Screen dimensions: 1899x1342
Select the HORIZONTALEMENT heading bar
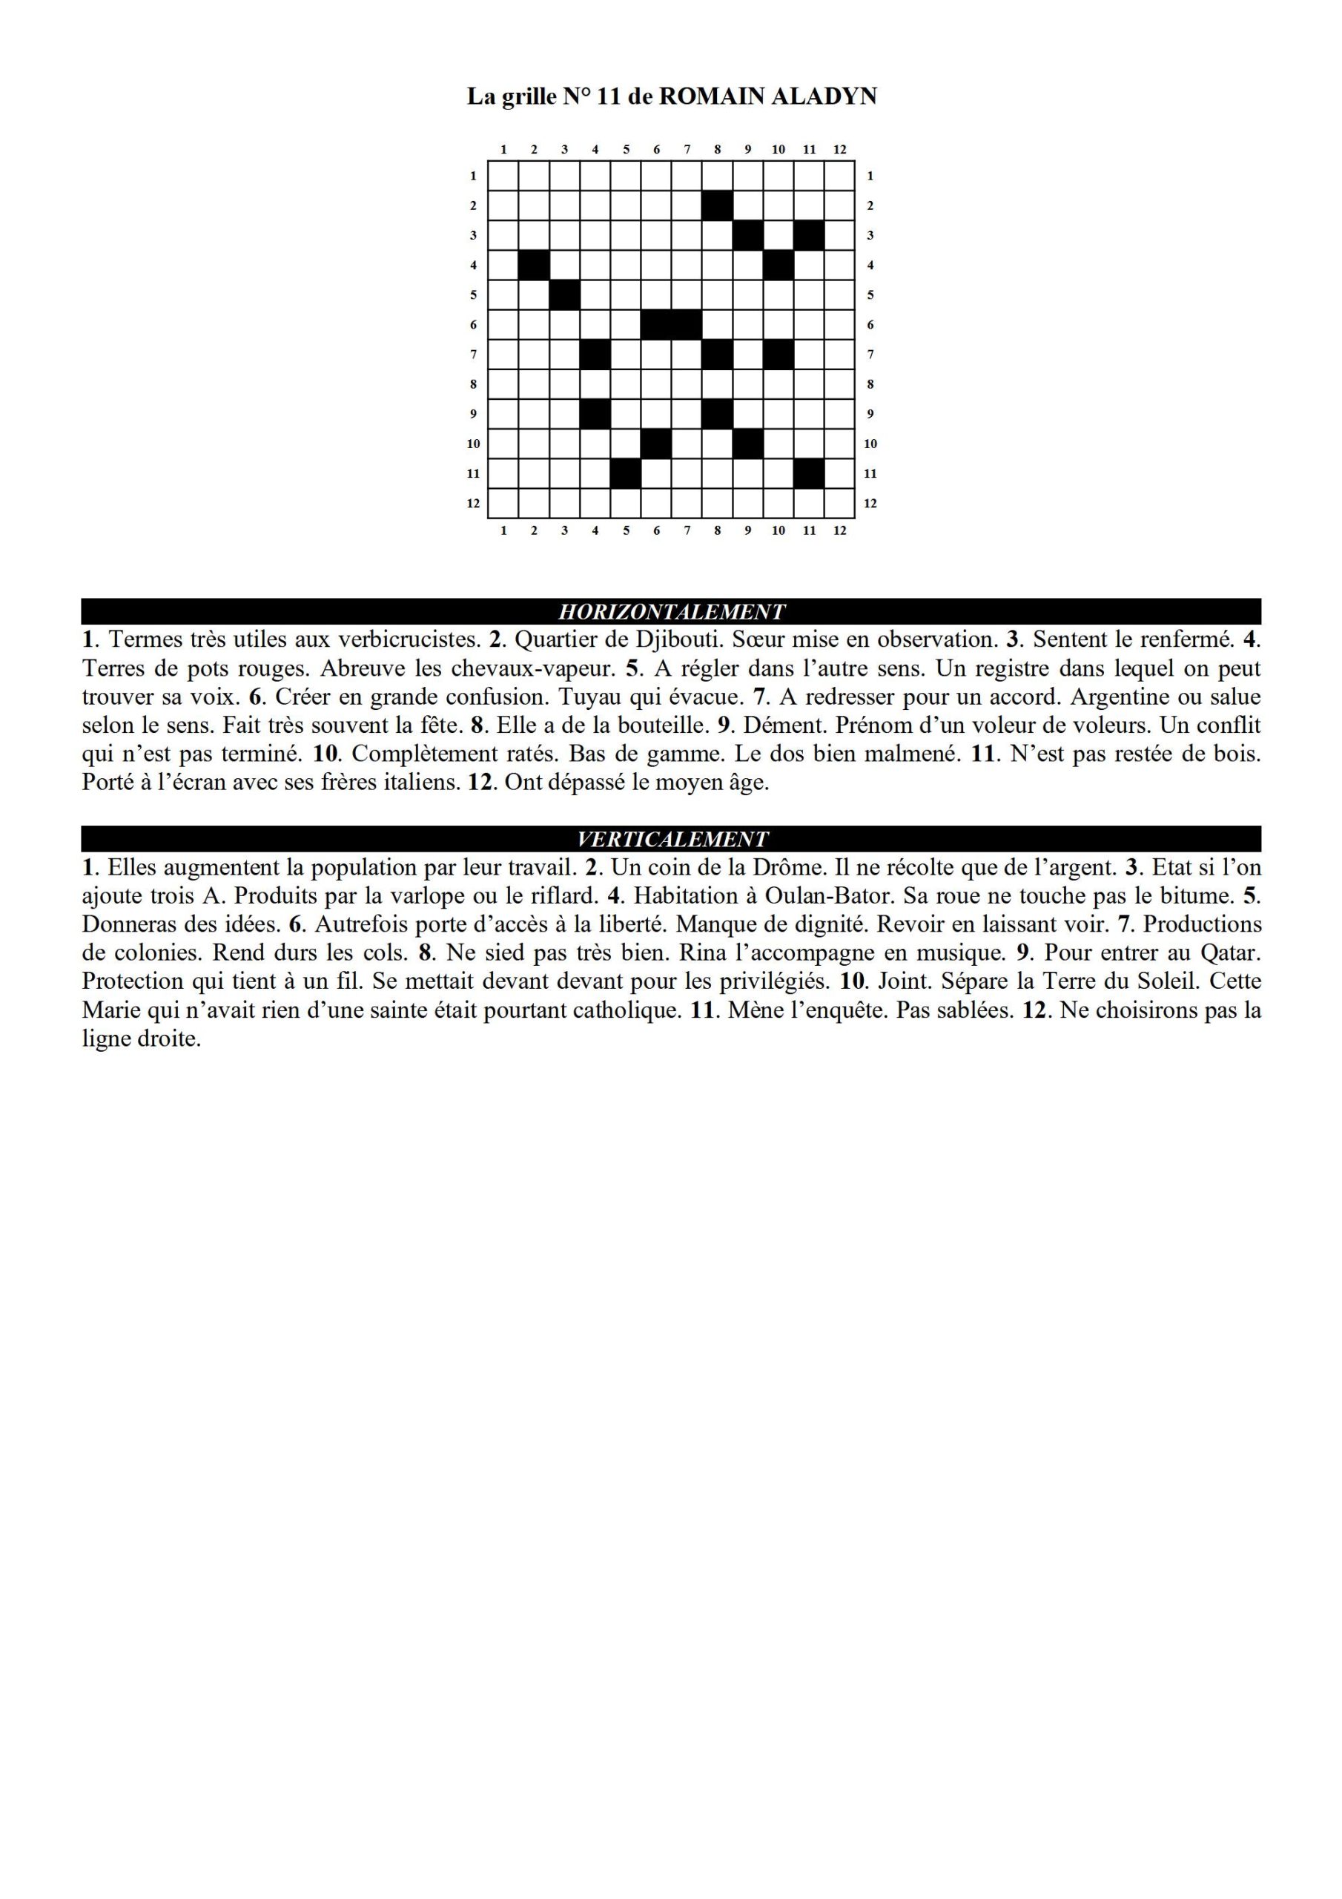point(670,611)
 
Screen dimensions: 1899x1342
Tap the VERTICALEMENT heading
point(670,839)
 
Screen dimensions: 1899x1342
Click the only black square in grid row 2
point(717,205)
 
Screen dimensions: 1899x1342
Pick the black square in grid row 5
point(565,294)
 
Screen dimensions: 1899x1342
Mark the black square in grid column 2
point(534,266)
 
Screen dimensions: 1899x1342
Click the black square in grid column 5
point(626,474)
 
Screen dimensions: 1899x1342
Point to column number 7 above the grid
point(687,150)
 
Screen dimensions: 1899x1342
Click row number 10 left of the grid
point(473,444)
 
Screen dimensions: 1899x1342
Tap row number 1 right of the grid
point(870,175)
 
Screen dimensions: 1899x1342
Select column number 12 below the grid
point(840,530)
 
